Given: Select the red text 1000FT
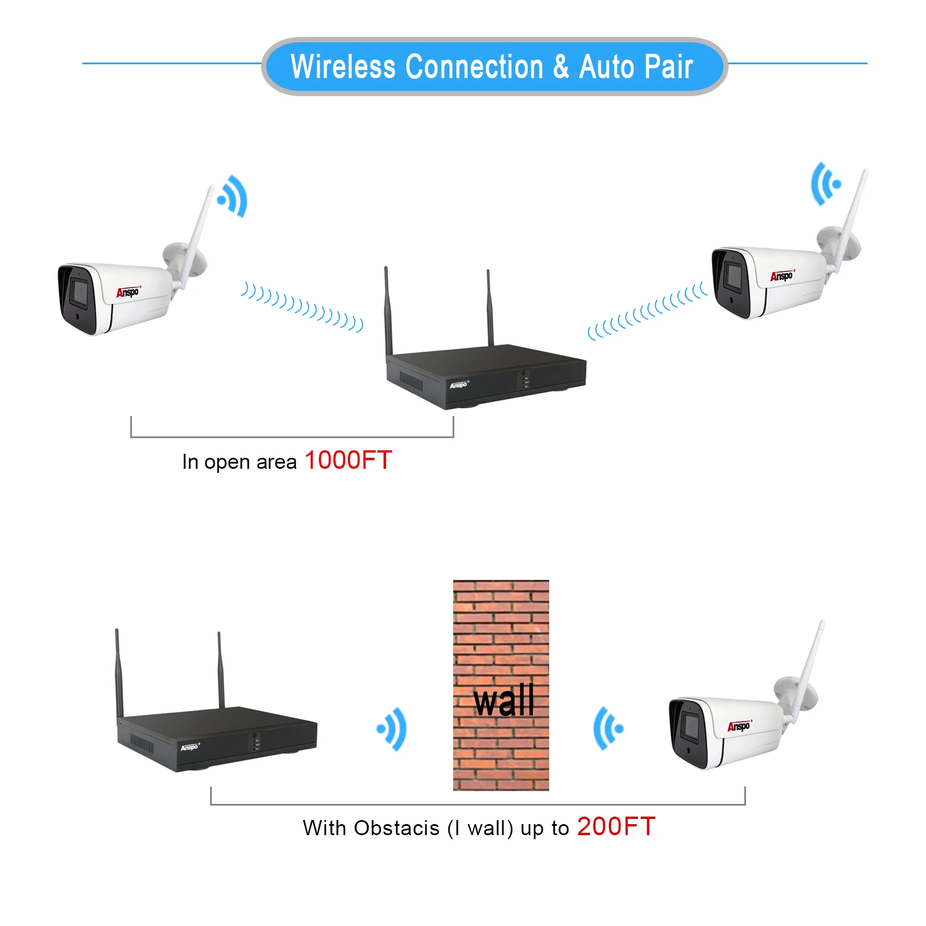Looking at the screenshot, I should (x=348, y=461).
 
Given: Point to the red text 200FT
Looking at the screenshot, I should (x=616, y=826).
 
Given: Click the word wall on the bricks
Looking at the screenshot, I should (x=504, y=701).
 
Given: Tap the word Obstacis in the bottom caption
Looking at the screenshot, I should (x=396, y=828).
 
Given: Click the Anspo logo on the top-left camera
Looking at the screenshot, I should (x=128, y=292).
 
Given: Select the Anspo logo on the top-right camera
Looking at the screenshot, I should (x=782, y=276).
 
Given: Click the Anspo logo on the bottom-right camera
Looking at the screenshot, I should (x=738, y=726).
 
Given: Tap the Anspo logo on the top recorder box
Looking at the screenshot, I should (x=459, y=384).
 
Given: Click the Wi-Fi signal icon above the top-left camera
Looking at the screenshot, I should (x=233, y=196).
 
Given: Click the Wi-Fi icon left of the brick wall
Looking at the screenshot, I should (x=392, y=729).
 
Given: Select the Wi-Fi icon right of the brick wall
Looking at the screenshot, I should (x=608, y=729).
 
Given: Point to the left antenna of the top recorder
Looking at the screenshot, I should (x=388, y=313).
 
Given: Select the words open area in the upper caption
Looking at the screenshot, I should (x=250, y=462).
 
